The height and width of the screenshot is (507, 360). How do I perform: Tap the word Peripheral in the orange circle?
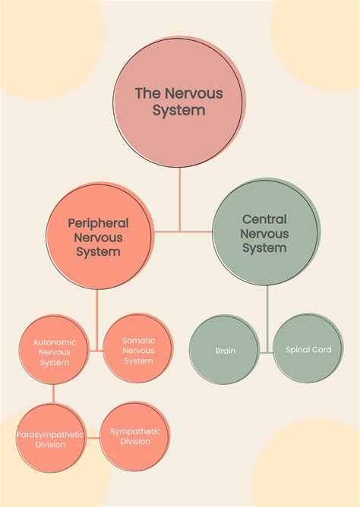click(98, 223)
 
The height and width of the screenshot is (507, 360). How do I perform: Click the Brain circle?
click(226, 350)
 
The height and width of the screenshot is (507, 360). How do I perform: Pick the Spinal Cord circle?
click(308, 350)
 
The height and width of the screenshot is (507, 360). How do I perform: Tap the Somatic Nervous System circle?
click(138, 351)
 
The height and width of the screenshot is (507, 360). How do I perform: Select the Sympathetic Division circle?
click(136, 436)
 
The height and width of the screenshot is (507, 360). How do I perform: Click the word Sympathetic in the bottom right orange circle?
click(136, 431)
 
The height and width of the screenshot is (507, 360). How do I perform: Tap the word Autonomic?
click(54, 342)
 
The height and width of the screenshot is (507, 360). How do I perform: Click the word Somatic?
click(138, 341)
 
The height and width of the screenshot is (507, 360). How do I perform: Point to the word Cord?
click(321, 350)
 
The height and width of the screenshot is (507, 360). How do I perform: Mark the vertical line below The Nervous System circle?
click(180, 197)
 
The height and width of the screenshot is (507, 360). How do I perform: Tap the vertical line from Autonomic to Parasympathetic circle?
click(52, 395)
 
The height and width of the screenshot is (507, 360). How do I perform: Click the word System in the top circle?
click(179, 110)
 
